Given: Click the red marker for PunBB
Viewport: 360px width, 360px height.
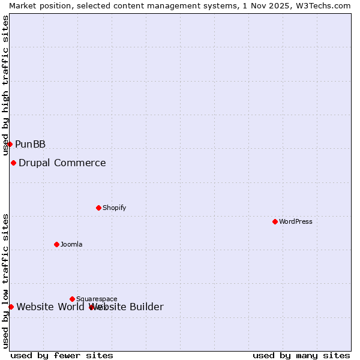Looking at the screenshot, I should [x=10, y=144].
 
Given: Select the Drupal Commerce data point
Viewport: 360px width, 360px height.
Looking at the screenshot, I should [x=13, y=163].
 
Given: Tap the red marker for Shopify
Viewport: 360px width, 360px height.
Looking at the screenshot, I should [x=98, y=208].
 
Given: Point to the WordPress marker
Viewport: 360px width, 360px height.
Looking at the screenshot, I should [x=275, y=221].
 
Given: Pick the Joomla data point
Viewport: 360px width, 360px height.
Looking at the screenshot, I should [x=56, y=244].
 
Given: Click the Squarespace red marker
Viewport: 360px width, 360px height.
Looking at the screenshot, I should [x=72, y=299].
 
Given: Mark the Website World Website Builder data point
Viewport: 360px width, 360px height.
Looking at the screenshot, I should [x=11, y=307].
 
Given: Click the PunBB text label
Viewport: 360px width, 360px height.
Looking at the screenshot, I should [x=30, y=144].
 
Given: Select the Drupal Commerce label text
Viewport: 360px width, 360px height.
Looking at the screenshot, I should [x=62, y=163].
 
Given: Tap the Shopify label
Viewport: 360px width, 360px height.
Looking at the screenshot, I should [x=114, y=208].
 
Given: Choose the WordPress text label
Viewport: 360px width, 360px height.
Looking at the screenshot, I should [x=296, y=221].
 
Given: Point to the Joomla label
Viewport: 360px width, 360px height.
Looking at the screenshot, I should [x=71, y=244].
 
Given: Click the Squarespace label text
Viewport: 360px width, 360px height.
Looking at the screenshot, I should [x=97, y=299].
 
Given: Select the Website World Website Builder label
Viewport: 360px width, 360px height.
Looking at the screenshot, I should [x=90, y=307].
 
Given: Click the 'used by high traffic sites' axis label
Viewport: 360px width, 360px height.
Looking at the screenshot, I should [x=6, y=84].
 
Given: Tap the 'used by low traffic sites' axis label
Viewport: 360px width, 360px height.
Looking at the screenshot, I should [x=6, y=281].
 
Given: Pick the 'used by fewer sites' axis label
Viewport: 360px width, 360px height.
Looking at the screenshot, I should [x=62, y=355].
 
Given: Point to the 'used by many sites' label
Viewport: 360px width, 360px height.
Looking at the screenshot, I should [x=301, y=355].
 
